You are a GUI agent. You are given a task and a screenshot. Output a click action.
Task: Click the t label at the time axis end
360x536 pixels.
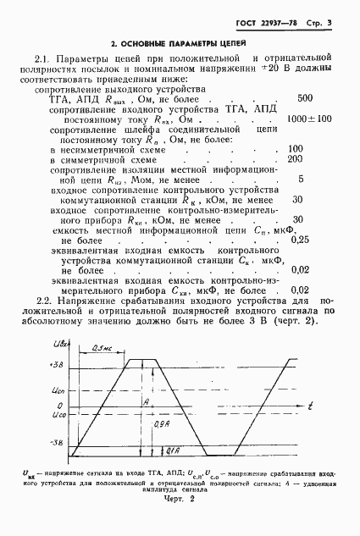[x=312, y=407]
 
